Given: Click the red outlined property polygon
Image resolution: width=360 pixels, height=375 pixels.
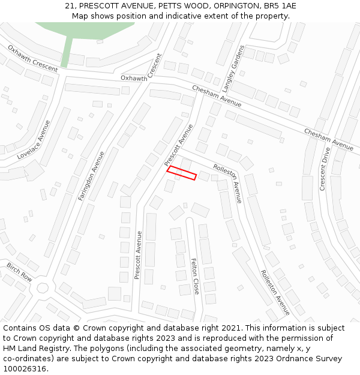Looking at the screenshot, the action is (x=182, y=173).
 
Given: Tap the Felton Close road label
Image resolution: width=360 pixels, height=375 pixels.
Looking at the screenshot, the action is (x=195, y=276).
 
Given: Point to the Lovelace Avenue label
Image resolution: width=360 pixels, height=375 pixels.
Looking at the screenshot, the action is (x=34, y=140).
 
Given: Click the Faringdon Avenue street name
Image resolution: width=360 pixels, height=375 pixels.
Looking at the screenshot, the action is (x=91, y=175).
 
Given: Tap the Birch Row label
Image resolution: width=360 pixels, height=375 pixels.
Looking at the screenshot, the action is (x=19, y=272).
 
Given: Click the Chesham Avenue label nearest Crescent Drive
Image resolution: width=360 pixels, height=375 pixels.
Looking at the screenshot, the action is (x=328, y=139).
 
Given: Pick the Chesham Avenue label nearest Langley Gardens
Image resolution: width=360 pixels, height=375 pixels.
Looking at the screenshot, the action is (x=217, y=96).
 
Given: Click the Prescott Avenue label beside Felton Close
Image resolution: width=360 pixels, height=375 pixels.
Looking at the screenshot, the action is (x=138, y=255).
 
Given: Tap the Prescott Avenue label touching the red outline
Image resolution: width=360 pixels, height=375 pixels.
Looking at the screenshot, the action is (x=179, y=145).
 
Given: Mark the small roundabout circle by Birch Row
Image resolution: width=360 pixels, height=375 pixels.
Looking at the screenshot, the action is (x=43, y=287).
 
